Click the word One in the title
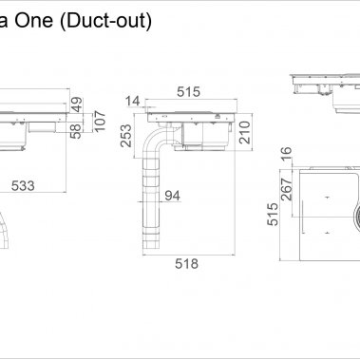34,20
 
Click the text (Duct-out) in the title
106,21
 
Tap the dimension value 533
23,185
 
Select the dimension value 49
77,104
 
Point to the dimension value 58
76,131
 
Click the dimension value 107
100,122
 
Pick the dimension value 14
133,101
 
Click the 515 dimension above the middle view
189,92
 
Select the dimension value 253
126,136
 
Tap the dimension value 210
245,132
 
